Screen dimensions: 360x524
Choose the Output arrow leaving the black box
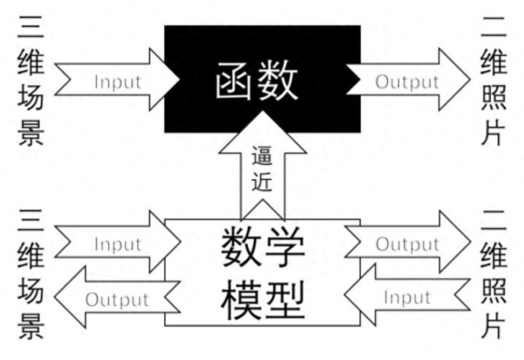(408, 82)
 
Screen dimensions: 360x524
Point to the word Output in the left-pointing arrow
(117, 299)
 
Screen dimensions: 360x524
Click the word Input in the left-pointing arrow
(408, 297)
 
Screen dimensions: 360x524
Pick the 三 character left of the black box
(31, 28)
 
